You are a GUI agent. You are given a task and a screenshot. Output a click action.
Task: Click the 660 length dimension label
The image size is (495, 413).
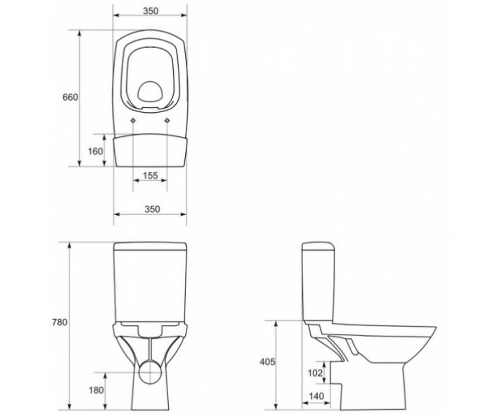coord(70,97)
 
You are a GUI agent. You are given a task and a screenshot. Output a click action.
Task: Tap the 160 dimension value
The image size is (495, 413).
coord(96,151)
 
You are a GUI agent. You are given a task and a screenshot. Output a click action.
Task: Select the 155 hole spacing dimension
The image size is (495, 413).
coord(151,176)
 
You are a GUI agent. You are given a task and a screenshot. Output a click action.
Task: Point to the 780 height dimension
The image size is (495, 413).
coord(60,322)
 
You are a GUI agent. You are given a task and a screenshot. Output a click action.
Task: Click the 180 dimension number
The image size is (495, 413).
coord(96,390)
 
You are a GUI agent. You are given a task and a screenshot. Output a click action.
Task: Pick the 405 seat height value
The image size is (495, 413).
coord(267,362)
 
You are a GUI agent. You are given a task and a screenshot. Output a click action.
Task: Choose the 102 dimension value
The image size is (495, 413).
coord(315,373)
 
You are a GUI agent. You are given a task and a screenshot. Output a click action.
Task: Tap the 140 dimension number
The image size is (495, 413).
coord(316,396)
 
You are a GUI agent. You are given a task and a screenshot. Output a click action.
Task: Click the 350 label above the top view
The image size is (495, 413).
coord(151,11)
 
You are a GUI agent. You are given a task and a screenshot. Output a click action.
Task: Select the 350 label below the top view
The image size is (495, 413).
coord(153,209)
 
